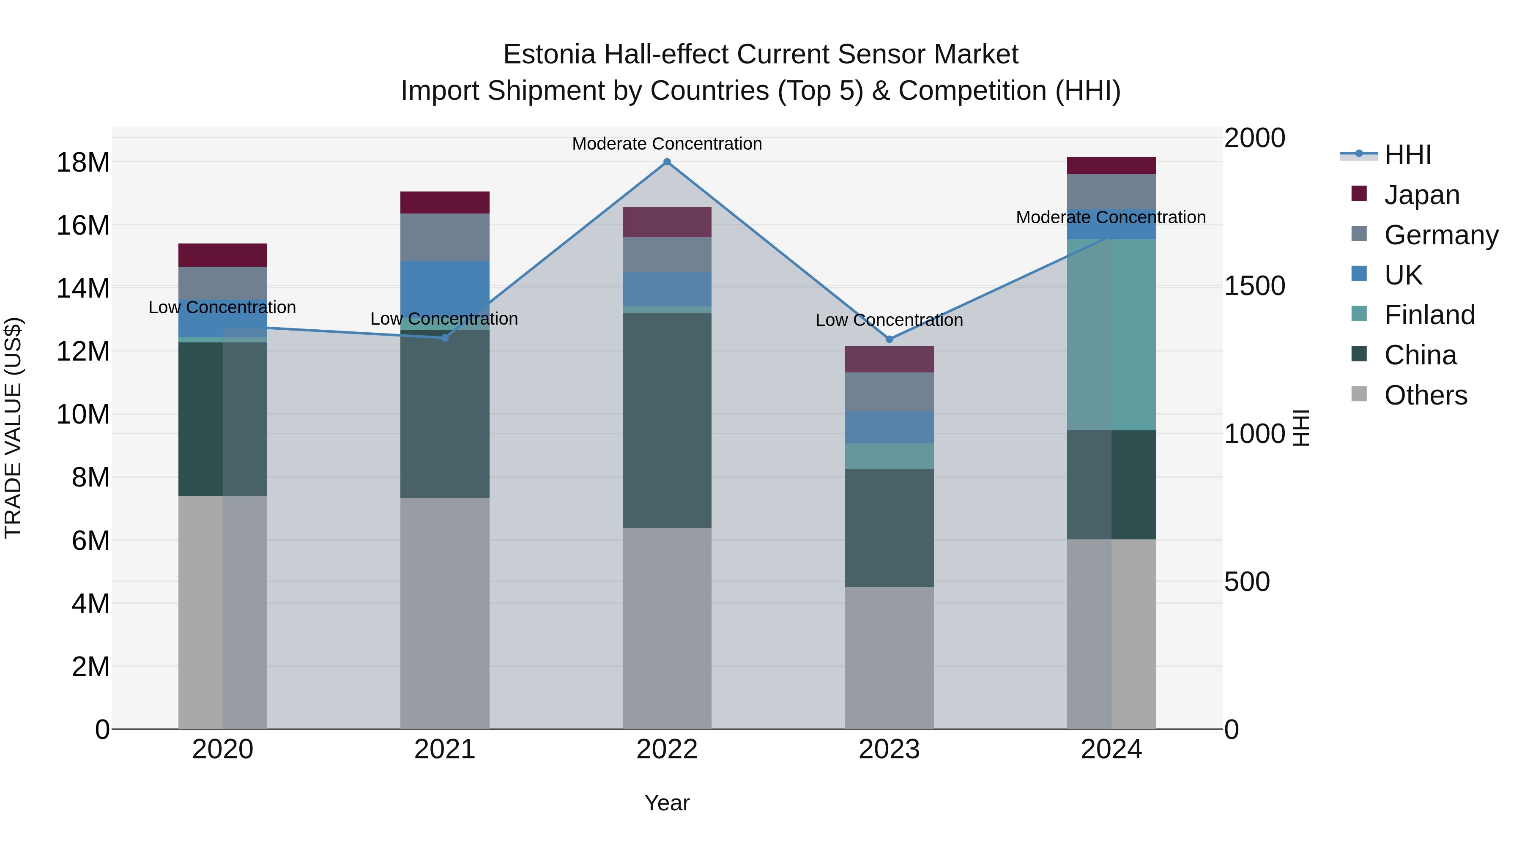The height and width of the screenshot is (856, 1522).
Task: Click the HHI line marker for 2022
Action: [x=667, y=162]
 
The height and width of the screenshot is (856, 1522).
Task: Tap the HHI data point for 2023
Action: [x=889, y=339]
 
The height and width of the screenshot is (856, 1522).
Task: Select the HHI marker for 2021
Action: [x=445, y=338]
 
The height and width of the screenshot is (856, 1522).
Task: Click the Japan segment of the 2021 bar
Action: [x=445, y=202]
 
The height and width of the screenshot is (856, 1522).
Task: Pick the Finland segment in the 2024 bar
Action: [x=1111, y=334]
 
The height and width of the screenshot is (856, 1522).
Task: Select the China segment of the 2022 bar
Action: [x=667, y=420]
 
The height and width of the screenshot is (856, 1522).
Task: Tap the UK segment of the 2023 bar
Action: [x=889, y=427]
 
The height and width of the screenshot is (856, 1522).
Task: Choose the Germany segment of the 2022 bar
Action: [x=667, y=254]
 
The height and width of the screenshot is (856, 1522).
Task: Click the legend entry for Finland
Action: [x=1429, y=315]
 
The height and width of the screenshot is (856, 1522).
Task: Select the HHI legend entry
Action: [x=1407, y=155]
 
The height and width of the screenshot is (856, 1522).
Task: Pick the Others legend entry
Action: [x=1425, y=395]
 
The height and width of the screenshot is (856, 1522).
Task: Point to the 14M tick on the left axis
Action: [x=83, y=288]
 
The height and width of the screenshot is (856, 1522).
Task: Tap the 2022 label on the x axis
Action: [x=667, y=749]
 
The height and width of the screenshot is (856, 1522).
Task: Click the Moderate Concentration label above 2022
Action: [x=667, y=144]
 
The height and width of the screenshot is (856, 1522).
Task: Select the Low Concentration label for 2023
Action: [x=889, y=320]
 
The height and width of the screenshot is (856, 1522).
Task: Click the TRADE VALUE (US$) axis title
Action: [x=13, y=428]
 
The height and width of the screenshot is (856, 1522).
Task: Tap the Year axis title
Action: [x=667, y=803]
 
